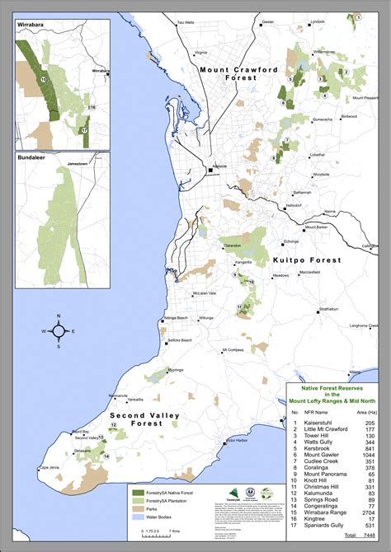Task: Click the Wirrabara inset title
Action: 30,26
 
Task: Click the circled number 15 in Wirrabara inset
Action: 43,78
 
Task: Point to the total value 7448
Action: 369,536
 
